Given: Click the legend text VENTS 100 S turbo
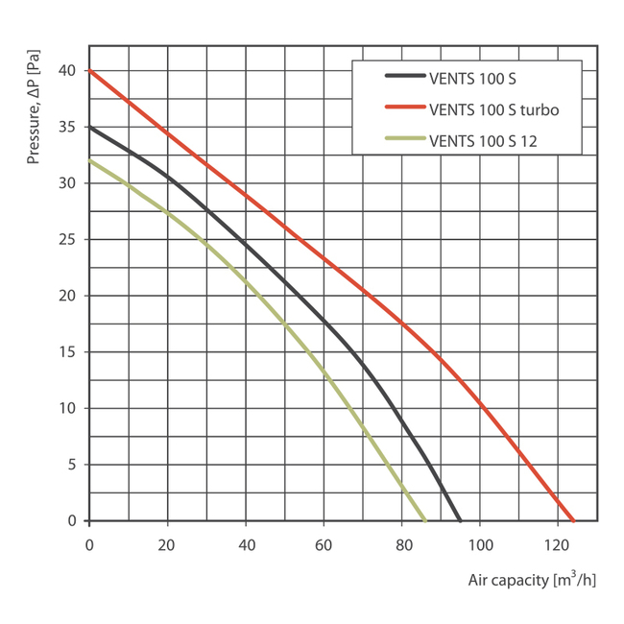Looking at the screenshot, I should [493, 109].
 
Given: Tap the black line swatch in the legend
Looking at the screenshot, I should [403, 77].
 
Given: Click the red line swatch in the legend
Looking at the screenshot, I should [403, 109].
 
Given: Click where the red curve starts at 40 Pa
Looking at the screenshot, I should [89, 71].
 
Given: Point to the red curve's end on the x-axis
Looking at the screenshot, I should [573, 520].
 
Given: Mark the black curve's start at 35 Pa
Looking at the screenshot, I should [89, 127].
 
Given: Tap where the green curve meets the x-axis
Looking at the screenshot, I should [424, 520].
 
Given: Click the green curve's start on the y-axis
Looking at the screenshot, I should [89, 160].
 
